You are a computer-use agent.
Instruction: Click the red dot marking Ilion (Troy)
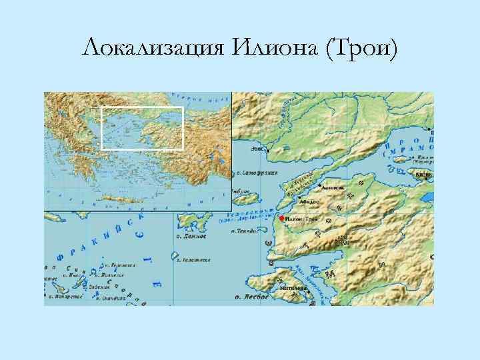coord(282,219)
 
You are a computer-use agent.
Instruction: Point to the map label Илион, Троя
coord(301,219)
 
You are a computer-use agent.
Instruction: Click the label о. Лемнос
coord(192,236)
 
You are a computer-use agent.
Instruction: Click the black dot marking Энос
coord(267,151)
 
